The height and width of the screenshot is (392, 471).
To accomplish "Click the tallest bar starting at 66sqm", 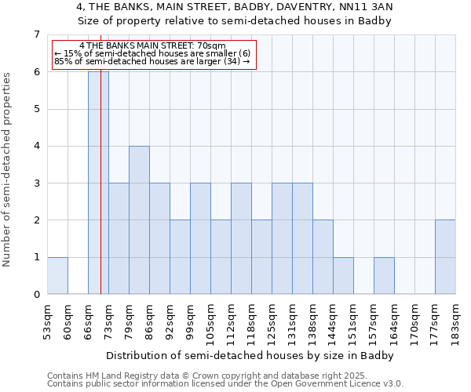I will coord(98,183).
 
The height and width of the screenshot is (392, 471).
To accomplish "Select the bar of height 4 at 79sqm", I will coord(139,220).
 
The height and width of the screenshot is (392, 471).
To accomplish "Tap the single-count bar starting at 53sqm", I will coord(57,276).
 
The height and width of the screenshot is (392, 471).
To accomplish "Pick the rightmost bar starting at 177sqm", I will coord(445,257).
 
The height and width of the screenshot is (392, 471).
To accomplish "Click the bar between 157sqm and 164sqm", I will coord(384,276).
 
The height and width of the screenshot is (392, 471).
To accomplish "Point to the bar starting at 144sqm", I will coord(343,276).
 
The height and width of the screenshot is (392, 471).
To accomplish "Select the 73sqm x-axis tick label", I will coord(108,321).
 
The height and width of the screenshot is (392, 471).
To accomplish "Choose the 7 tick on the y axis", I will coord(36,34).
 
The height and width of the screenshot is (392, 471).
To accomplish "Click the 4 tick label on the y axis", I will coord(36,146).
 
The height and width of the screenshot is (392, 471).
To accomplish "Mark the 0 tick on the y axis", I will coord(36,295).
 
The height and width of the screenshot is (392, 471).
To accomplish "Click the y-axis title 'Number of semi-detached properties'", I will coord(8,169).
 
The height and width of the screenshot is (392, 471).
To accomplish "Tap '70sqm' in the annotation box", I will coord(212,46).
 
